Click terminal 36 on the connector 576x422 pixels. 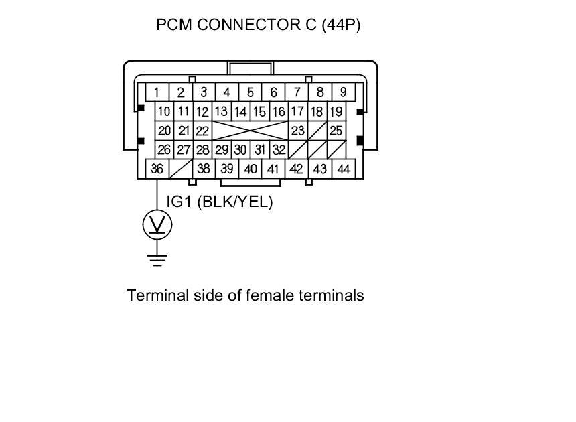point(157,169)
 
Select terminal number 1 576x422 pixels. point(157,92)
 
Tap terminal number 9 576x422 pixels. point(344,92)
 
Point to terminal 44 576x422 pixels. point(344,169)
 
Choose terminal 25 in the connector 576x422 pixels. point(336,131)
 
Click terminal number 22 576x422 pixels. point(202,131)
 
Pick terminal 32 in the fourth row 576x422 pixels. point(279,150)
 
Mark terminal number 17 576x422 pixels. point(297,111)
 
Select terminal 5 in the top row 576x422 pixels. point(250,92)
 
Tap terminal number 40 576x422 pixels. point(250,169)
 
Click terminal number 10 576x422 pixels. point(164,111)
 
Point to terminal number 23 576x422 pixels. point(297,131)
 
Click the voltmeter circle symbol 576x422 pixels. point(157,226)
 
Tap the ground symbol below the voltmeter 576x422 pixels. point(157,259)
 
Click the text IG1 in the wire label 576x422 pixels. point(179,202)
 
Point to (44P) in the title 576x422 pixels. point(341,25)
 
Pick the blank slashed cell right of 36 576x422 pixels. point(182,169)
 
